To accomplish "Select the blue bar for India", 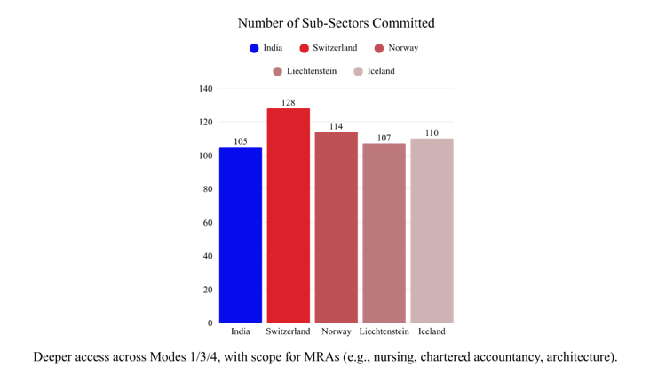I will point(241,235).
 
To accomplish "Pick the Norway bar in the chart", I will point(336,227).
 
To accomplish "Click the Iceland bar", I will point(432,231).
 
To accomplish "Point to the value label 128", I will point(289,103).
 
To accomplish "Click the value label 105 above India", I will point(241,141).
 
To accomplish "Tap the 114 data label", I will point(336,126).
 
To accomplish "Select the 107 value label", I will point(384,138).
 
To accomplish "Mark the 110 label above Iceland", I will point(432,133).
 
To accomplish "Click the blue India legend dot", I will point(254,48).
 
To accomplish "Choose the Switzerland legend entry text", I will point(335,48).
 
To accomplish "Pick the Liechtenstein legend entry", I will point(310,71).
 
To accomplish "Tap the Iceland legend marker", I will point(359,71).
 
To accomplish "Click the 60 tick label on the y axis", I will point(208,223).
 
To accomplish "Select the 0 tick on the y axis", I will point(210,323).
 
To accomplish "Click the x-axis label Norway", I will point(336,332).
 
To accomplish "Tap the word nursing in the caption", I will point(391,357).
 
